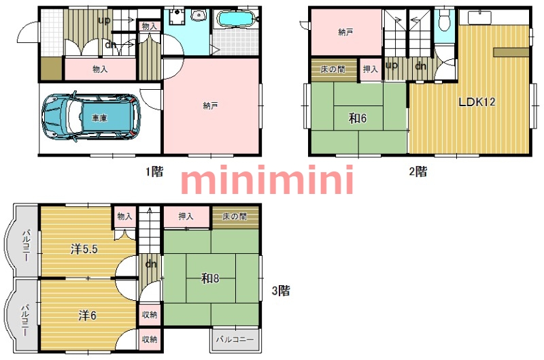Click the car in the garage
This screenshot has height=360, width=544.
(x=91, y=117)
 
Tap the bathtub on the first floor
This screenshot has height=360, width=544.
(x=236, y=18)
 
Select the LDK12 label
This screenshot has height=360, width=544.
(x=477, y=102)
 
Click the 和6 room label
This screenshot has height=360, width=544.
(x=358, y=118)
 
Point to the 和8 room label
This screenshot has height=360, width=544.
(x=210, y=278)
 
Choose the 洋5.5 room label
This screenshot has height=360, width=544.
(x=84, y=249)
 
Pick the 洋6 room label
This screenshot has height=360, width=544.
(x=87, y=316)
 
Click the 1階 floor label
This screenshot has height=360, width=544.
(x=154, y=171)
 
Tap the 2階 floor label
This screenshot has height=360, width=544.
(x=418, y=171)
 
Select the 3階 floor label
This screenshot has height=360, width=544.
(x=281, y=291)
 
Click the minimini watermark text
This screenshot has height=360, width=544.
(x=267, y=180)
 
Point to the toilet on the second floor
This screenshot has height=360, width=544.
(x=444, y=21)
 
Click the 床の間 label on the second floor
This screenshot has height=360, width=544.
(x=333, y=69)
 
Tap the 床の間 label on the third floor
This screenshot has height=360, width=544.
(x=235, y=216)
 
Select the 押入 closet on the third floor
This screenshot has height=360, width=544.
(x=186, y=216)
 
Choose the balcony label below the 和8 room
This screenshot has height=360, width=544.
(x=235, y=339)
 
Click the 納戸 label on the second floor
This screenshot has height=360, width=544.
(x=345, y=32)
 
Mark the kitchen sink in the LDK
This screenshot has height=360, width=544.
(x=479, y=18)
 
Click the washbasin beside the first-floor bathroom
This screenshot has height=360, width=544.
(x=199, y=15)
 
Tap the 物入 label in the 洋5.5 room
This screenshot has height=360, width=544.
(x=125, y=216)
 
